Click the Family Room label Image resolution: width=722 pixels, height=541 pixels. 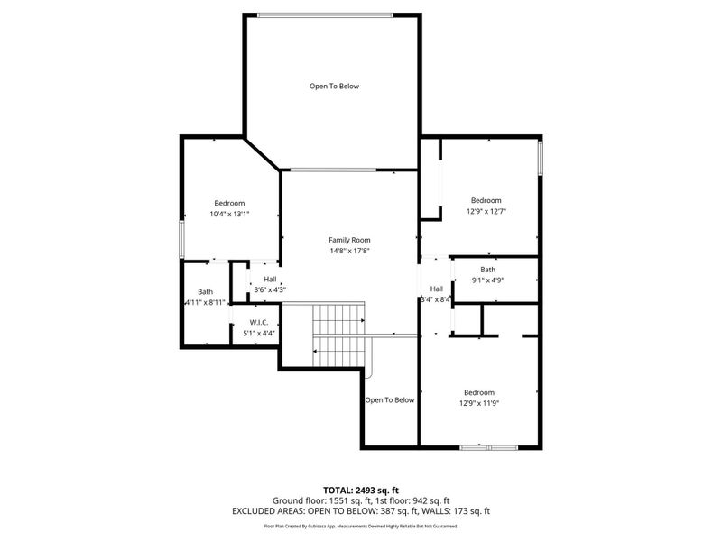[x=349, y=240]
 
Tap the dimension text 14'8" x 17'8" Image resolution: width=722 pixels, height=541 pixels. [x=349, y=252]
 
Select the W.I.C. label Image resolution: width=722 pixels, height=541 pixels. [x=260, y=322]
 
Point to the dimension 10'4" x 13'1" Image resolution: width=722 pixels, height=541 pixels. [x=229, y=215]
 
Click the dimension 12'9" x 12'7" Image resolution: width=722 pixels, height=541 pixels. [x=486, y=212]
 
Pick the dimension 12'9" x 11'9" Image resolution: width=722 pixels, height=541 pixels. [x=479, y=403]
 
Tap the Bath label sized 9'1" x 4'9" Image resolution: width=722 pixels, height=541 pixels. [x=487, y=270]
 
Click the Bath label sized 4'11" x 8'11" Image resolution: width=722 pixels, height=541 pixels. [x=205, y=291]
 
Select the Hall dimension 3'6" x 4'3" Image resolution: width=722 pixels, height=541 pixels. [x=270, y=289]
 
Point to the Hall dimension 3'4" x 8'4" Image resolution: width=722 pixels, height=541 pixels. [x=436, y=299]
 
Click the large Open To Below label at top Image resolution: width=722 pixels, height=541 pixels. [x=334, y=87]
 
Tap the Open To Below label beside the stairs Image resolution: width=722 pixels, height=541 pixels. [x=389, y=400]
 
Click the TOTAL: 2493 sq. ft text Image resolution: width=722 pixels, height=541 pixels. [x=360, y=490]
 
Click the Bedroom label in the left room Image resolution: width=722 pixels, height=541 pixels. [x=229, y=203]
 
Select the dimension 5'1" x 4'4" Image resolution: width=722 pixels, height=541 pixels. [x=260, y=334]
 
